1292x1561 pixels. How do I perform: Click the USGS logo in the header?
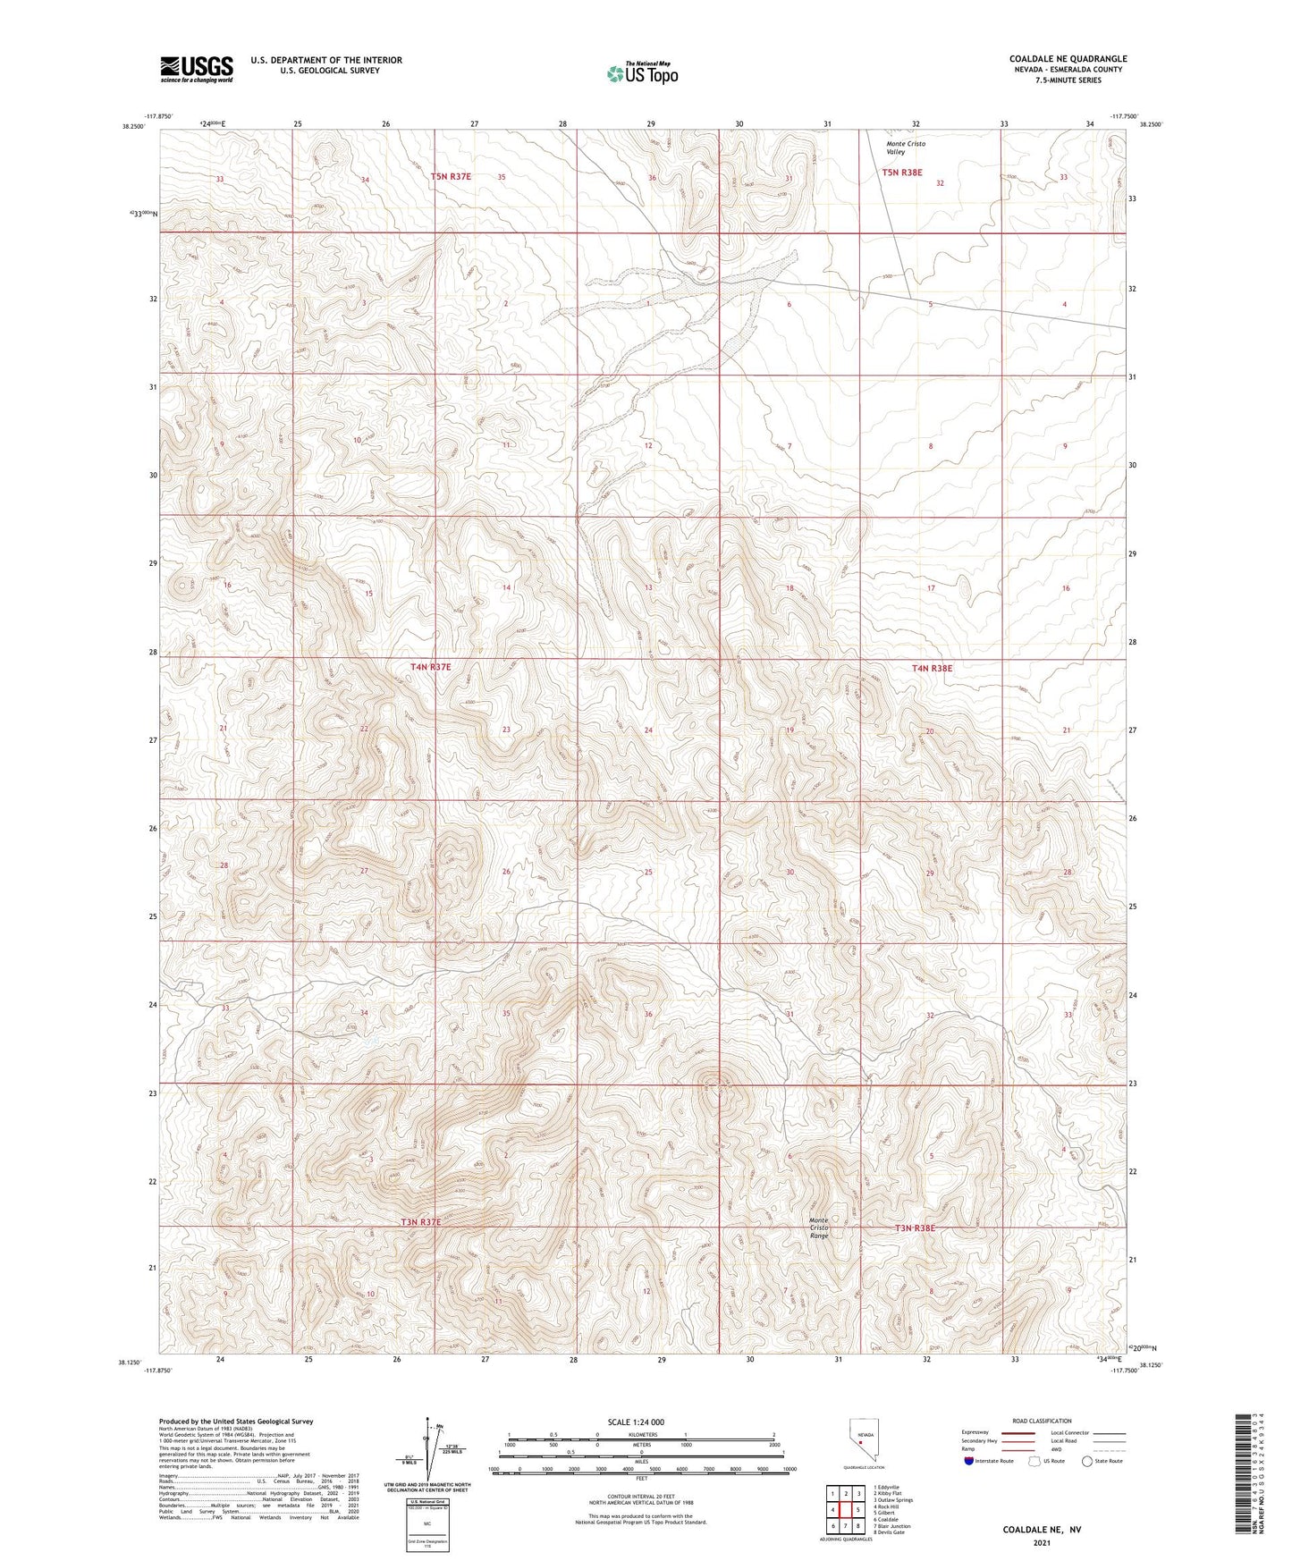point(197,69)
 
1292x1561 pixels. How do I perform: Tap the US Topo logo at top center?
point(641,72)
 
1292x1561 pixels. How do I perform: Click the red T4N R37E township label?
point(431,667)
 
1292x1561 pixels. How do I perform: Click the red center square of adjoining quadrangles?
point(845,1510)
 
